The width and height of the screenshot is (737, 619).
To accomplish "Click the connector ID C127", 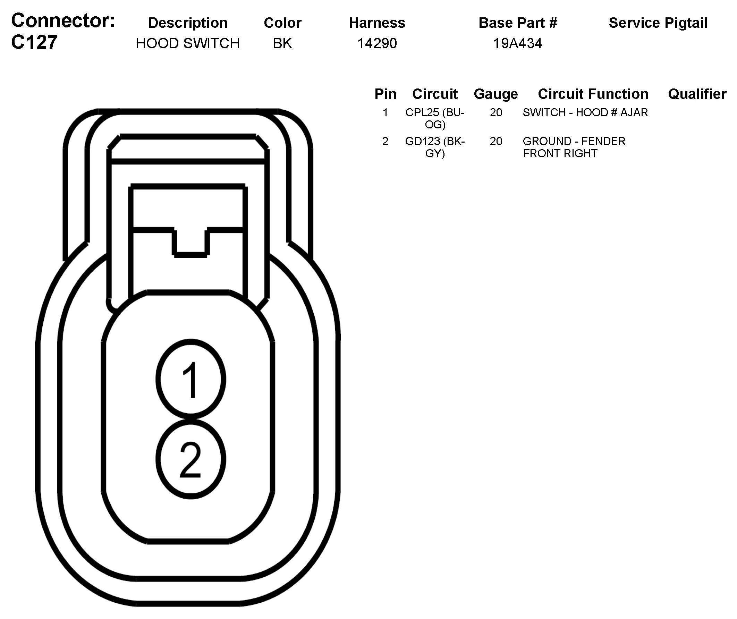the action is [34, 42].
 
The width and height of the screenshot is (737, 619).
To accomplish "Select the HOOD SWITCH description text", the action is [187, 43].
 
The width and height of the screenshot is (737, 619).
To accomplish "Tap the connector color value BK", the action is [282, 43].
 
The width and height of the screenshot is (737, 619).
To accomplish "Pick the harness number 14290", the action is [377, 43].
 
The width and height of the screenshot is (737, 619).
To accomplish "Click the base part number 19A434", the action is [517, 43].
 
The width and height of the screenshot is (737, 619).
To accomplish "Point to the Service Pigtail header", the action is [658, 23].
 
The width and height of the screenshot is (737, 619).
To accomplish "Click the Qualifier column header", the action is [697, 94].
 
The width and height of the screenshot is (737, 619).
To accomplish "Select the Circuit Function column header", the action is [593, 94].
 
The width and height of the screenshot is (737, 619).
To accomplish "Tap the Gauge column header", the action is [495, 94].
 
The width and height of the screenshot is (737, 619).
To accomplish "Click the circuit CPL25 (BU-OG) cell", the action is [435, 118].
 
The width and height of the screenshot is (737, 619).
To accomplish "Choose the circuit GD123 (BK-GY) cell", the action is [435, 147].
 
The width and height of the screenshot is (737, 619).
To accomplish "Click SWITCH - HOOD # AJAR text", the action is [585, 113].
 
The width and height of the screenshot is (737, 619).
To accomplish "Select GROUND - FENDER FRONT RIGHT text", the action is [574, 147].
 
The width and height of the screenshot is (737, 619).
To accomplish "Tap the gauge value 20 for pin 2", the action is [496, 142].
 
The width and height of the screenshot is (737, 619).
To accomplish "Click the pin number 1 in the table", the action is [386, 113].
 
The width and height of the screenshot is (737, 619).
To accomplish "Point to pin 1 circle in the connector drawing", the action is [190, 379].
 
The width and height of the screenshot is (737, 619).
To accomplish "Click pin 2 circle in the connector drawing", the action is [190, 459].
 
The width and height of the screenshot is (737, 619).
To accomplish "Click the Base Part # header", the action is [518, 23].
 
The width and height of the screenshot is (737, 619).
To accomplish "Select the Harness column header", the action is [377, 23].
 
